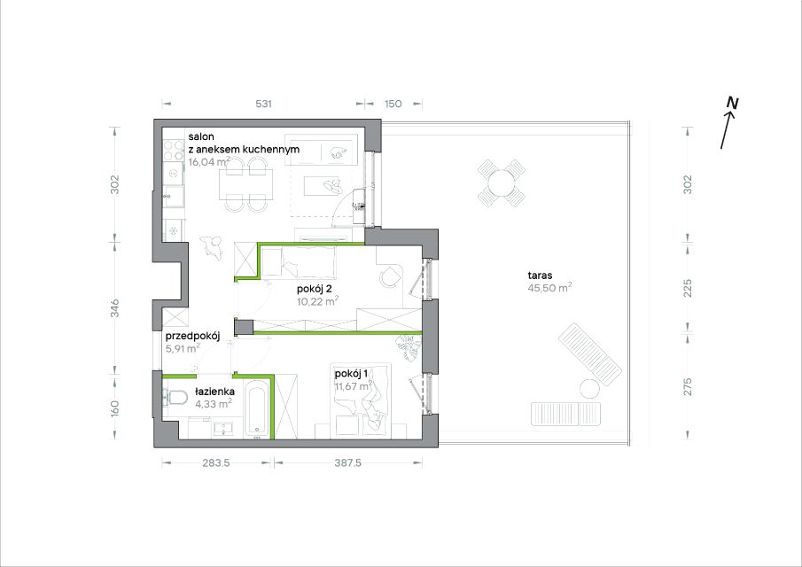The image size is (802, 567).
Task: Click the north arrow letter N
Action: (733, 104)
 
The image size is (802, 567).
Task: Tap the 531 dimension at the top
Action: (263, 104)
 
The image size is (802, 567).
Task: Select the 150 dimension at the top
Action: (393, 104)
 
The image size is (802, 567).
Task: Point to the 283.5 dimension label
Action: (216, 462)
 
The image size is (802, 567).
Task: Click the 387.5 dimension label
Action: (347, 462)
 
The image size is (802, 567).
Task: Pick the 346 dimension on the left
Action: (115, 307)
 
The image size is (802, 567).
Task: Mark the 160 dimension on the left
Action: (115, 408)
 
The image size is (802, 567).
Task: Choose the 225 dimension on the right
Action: (688, 287)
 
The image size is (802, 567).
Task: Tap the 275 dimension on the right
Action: (688, 386)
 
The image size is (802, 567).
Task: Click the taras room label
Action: (540, 275)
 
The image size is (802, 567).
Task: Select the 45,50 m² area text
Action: (549, 287)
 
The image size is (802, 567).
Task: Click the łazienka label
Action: (214, 392)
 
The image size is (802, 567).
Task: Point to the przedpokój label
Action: (192, 337)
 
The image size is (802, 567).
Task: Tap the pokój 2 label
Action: (315, 289)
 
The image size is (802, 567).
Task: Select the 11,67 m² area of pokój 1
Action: (354, 386)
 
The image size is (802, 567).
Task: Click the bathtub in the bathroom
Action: (256, 408)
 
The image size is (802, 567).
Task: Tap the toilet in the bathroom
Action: (175, 397)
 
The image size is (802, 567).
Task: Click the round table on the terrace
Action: (501, 183)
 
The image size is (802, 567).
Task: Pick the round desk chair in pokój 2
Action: (390, 276)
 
